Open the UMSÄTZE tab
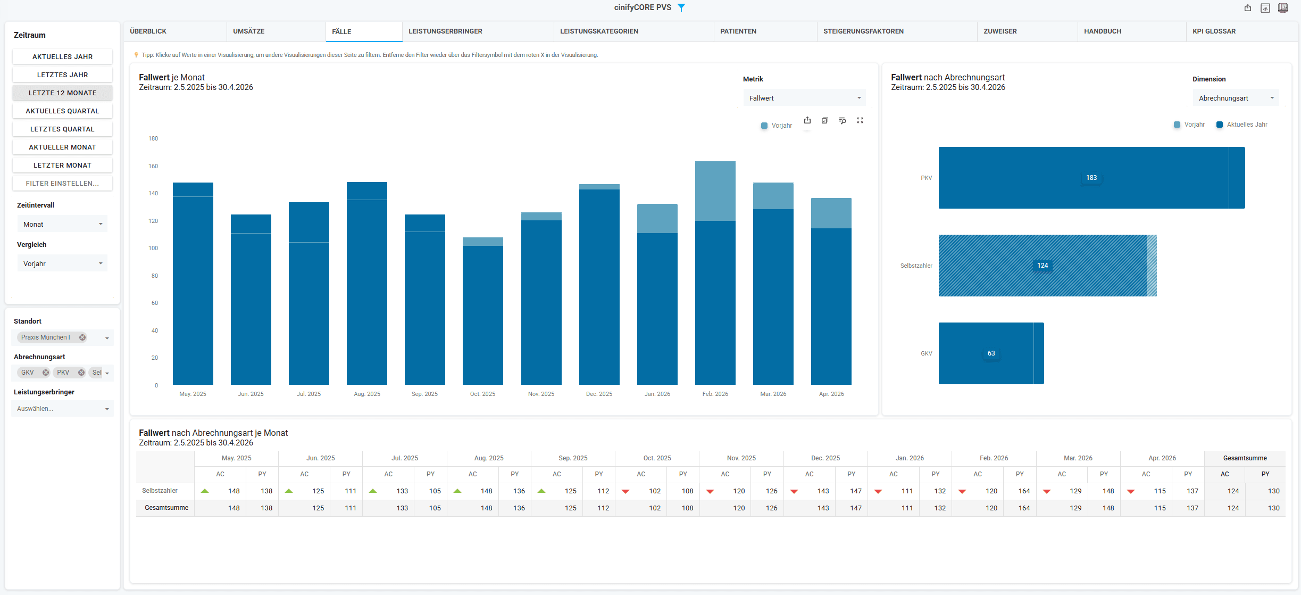pos(249,31)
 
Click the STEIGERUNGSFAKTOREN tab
pos(863,31)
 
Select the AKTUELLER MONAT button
pos(62,147)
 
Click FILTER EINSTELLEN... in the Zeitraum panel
pos(62,183)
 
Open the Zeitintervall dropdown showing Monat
pos(62,224)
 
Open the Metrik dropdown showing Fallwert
pos(804,98)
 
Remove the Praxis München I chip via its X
pos(82,337)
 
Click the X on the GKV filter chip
pos(46,373)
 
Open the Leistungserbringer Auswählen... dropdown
pos(62,409)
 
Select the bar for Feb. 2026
pos(715,273)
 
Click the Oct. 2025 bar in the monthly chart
pos(482,311)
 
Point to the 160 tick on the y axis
pos(153,166)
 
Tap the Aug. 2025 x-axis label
pos(367,394)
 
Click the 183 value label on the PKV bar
pos(1091,178)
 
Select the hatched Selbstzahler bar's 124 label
pos(1043,266)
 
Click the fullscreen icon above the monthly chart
pos(860,120)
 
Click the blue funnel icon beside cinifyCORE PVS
pos(681,7)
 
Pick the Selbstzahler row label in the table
pos(160,491)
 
